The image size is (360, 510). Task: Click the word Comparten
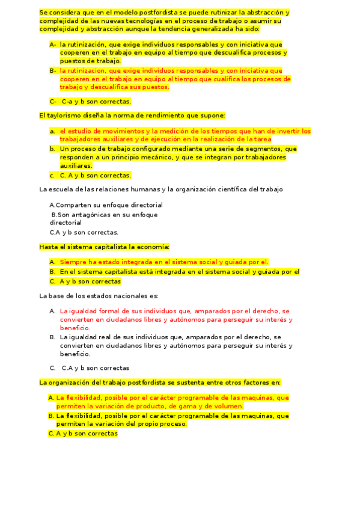click(73, 205)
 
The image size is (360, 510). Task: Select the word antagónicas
click(81, 214)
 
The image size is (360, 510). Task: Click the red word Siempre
click(73, 262)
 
